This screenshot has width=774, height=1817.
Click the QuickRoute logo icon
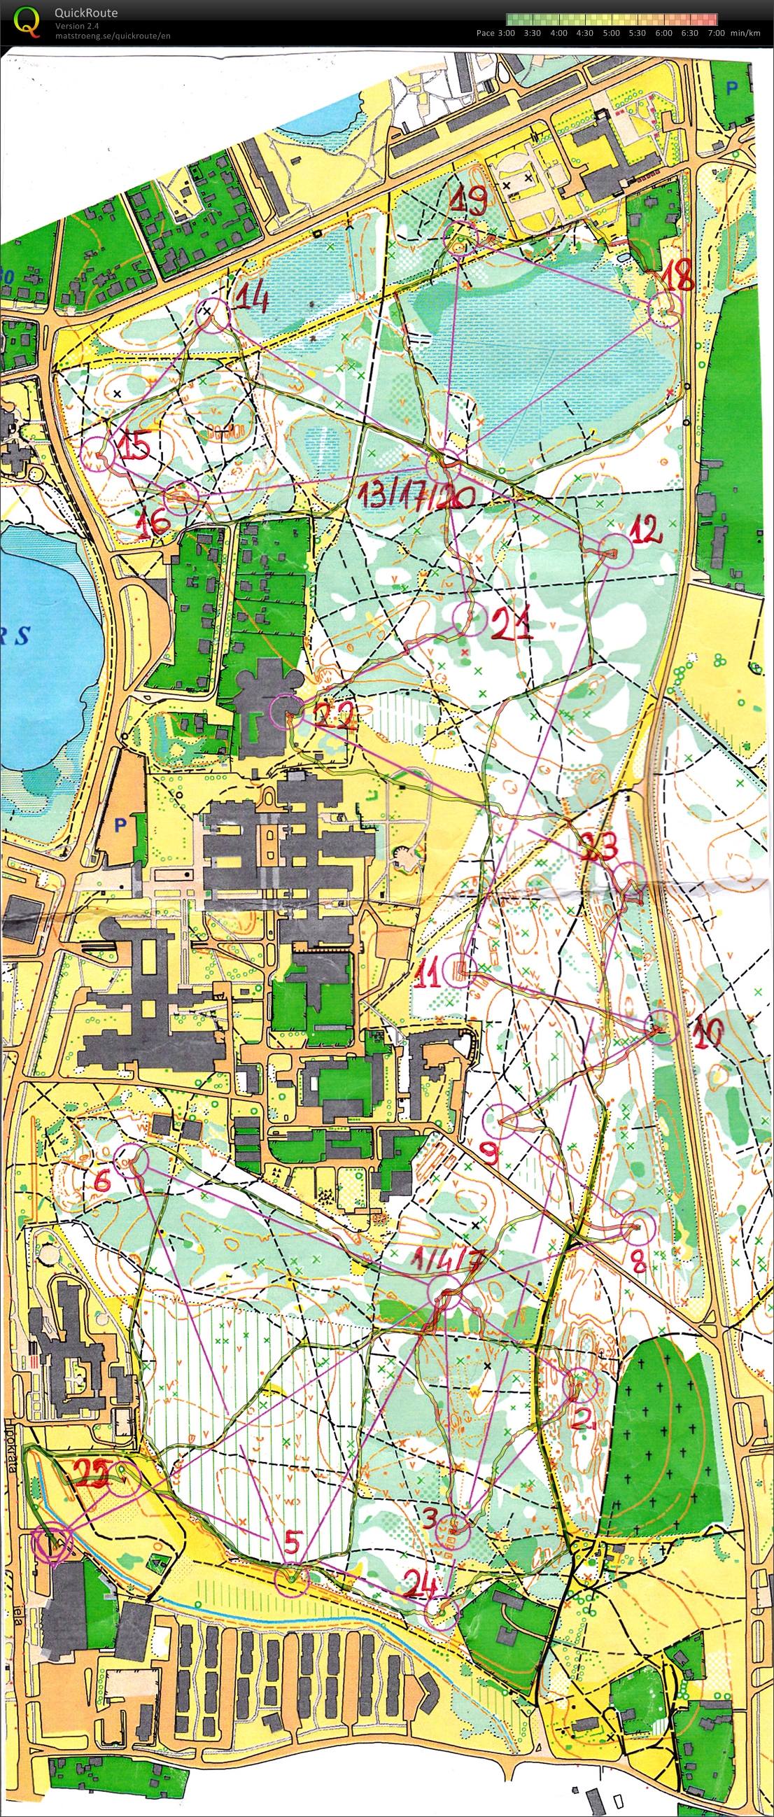coord(27,21)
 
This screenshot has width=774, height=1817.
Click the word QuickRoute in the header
coord(86,13)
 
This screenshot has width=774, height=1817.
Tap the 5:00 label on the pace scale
coord(611,33)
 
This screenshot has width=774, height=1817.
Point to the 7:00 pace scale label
coord(716,33)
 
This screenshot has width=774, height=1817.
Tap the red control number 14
coord(251,300)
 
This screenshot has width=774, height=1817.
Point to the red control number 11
coord(428,973)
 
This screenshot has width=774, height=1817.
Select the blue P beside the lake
coord(120,823)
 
